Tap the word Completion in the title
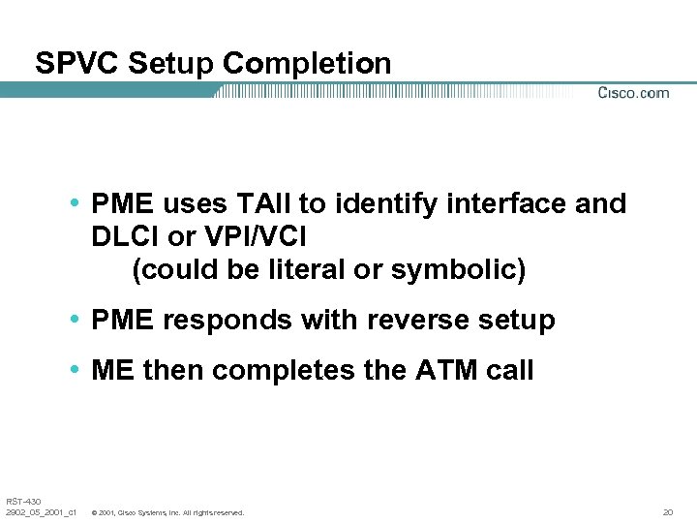coord(307,64)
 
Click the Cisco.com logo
coord(633,93)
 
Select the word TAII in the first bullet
coord(258,204)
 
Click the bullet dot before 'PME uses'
coord(76,204)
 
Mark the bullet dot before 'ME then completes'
coord(76,371)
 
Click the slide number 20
coord(667,511)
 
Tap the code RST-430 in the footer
coord(22,501)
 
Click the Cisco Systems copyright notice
coord(167,511)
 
